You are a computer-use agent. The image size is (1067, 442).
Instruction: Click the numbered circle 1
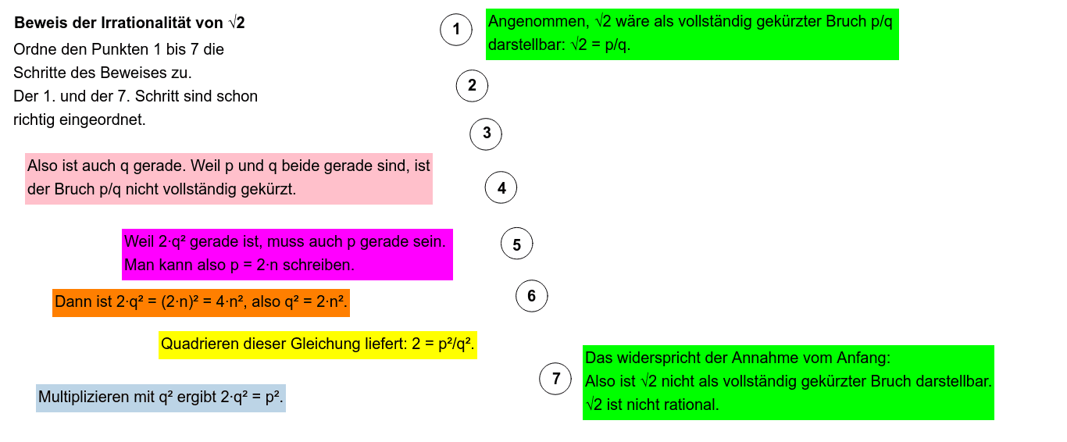[456, 30]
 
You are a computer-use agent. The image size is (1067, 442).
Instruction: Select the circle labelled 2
[472, 86]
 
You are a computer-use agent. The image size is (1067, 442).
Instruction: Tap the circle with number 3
[486, 134]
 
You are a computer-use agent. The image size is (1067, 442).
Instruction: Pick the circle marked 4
[501, 188]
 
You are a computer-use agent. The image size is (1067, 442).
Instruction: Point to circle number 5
[516, 245]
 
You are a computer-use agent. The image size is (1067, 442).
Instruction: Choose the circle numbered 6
[532, 296]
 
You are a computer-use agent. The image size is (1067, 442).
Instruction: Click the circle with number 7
[556, 380]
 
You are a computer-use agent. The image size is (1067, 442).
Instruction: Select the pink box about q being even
[228, 178]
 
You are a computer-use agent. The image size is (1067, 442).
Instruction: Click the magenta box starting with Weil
[287, 254]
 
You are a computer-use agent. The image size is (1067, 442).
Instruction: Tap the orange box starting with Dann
[201, 301]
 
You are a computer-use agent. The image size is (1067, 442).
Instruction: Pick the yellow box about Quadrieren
[317, 344]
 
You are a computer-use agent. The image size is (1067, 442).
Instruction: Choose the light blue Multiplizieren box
[160, 397]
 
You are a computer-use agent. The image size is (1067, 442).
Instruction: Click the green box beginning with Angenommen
[691, 34]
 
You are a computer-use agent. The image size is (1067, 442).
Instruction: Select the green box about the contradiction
[787, 382]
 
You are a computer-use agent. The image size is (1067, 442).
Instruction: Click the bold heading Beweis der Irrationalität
[130, 23]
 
